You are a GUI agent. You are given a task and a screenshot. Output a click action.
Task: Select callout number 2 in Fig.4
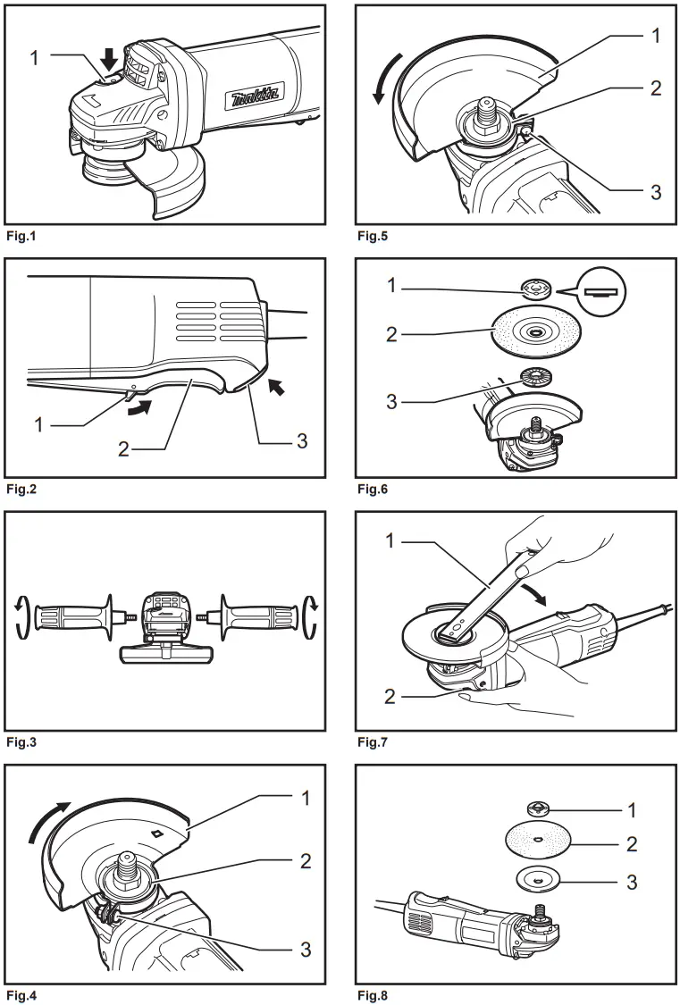pos(306,861)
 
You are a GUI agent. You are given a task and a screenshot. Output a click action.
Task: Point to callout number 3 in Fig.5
pos(655,192)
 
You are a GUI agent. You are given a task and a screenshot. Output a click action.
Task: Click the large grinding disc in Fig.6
pos(533,332)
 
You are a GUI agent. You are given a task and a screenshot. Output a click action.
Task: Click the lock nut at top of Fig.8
pos(540,810)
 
